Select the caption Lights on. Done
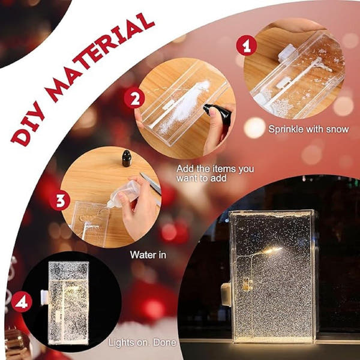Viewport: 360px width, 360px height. (142, 343)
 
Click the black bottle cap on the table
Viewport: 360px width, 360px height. (127, 158)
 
